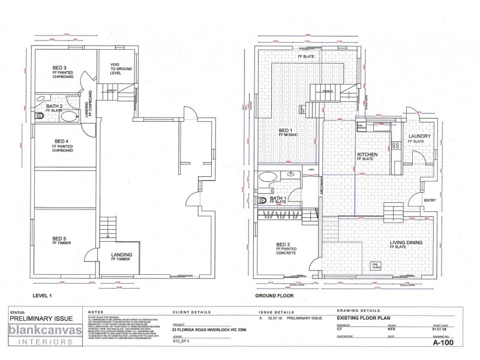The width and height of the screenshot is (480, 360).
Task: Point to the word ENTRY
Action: coord(430,201)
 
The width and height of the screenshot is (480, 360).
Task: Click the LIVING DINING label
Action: coord(406,243)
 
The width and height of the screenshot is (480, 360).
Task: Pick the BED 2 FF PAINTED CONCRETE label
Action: coord(286,248)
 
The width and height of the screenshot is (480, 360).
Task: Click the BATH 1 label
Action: coord(277,199)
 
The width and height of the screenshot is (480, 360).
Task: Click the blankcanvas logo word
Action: coord(39,329)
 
